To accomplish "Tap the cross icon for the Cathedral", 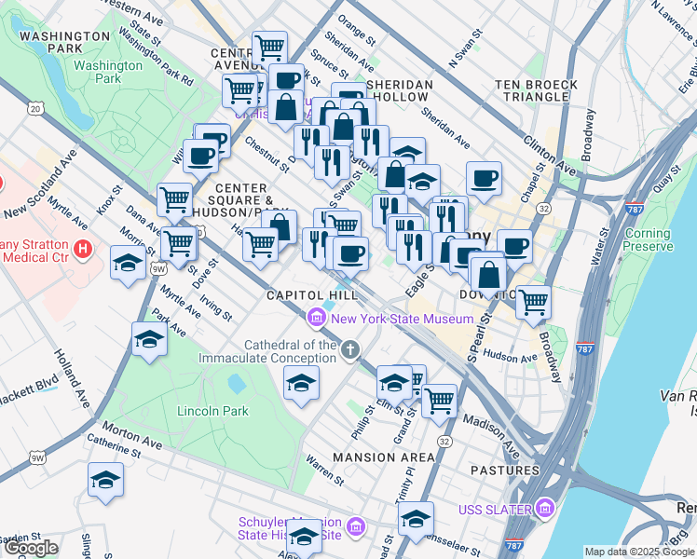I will click(350, 350).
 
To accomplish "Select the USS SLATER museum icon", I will click(544, 509).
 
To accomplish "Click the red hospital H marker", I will click(83, 249).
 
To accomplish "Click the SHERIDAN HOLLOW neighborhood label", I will click(400, 90).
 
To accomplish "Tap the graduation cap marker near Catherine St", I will click(105, 480).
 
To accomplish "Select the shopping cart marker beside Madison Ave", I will click(438, 400).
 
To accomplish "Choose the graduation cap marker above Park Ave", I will click(148, 339).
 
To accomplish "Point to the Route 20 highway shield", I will click(35, 109).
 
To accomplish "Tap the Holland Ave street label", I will click(72, 377).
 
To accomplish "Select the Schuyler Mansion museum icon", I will click(354, 529).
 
